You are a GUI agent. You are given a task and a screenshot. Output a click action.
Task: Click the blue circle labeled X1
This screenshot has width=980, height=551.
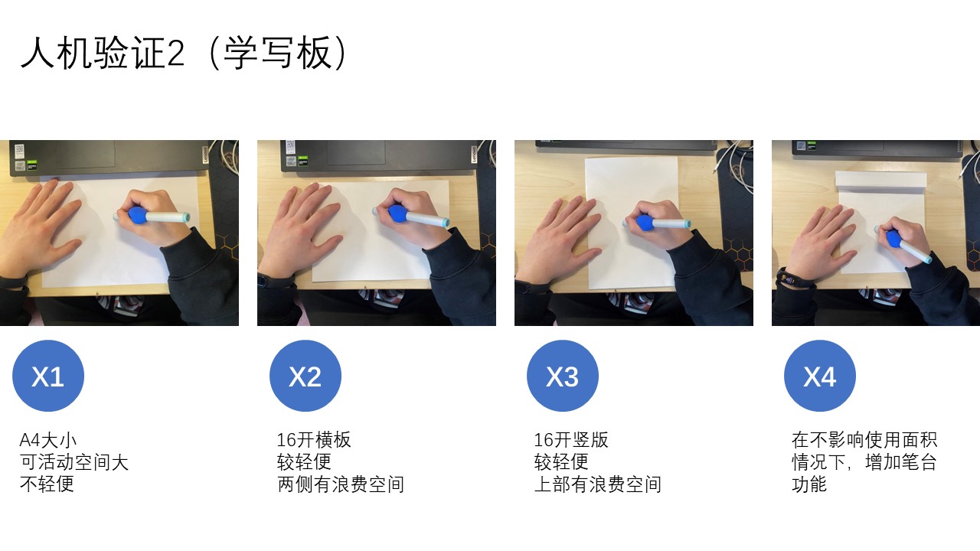coord(48,376)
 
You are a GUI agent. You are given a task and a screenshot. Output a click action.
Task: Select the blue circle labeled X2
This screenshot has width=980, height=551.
coord(305,376)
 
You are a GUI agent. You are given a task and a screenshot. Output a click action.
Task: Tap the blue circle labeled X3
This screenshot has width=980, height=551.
coord(563,376)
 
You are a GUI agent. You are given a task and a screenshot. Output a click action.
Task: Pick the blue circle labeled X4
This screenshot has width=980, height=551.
coord(820,376)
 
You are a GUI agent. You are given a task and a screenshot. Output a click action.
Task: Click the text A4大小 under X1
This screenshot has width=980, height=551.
coord(48,440)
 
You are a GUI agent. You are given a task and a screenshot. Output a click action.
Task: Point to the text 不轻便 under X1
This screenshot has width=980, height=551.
coord(47,484)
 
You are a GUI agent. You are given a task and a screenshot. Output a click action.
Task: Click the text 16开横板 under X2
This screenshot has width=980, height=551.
coord(314,440)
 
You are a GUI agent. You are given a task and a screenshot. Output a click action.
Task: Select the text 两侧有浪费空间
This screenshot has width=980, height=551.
coord(341,484)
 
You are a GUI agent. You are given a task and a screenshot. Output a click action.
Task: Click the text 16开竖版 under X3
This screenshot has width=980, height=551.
coord(571,440)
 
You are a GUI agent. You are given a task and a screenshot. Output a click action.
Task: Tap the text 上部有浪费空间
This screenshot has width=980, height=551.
coord(598,484)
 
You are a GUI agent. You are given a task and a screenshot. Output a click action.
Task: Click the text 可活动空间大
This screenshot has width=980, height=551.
coord(74,462)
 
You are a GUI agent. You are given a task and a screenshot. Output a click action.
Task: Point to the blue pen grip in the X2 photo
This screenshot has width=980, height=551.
coord(397,214)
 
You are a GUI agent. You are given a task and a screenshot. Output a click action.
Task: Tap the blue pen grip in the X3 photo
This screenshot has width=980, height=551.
coord(645,223)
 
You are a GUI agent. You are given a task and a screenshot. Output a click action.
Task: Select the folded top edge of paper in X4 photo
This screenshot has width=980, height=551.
coord(880,181)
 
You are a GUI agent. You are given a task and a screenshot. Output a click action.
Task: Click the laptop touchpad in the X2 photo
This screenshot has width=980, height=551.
coord(357,152)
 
